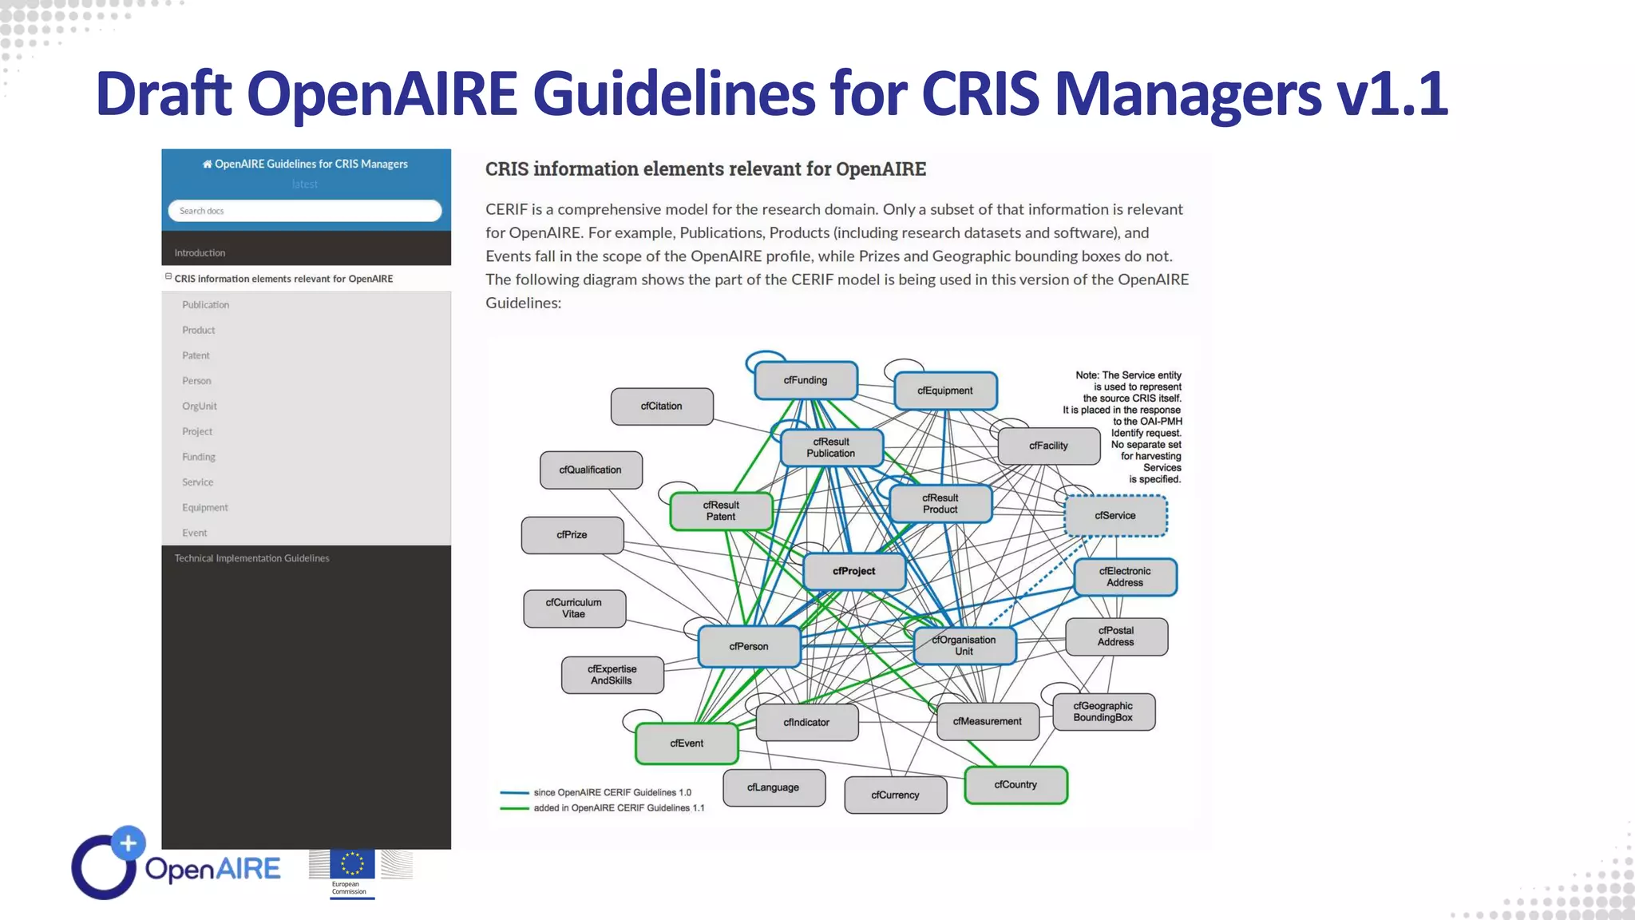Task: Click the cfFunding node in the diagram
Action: [806, 380]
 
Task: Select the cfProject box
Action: [853, 571]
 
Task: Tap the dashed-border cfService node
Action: [1115, 515]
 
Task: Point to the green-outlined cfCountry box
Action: [1015, 784]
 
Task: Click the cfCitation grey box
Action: [661, 406]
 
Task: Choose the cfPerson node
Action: [748, 646]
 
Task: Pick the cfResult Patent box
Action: [721, 510]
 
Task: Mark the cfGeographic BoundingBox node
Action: [1103, 712]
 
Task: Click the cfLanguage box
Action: [773, 787]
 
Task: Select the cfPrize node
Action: [572, 534]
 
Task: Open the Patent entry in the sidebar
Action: [196, 355]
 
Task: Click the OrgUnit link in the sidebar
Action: [200, 406]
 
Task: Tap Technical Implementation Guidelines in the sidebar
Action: [251, 558]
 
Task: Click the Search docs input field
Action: [304, 211]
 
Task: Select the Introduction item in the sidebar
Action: [200, 252]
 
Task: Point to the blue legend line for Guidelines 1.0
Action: [514, 792]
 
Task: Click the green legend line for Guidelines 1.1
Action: [514, 808]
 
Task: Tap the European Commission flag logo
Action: [352, 864]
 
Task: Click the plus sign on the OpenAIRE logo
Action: [128, 843]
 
